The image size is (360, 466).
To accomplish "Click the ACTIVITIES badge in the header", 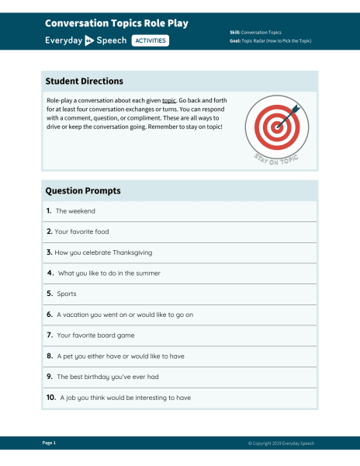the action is tap(151, 40).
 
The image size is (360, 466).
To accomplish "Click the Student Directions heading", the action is tap(84, 82).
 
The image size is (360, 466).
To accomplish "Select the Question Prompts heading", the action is tap(83, 190).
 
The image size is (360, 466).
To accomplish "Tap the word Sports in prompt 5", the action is tap(67, 294).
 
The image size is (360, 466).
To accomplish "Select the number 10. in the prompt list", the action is tap(50, 398).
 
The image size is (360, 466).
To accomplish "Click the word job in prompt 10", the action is tap(72, 398).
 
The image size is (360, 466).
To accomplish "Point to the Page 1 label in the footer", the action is tap(49, 443).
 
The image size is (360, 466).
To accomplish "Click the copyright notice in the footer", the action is tap(281, 443).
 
